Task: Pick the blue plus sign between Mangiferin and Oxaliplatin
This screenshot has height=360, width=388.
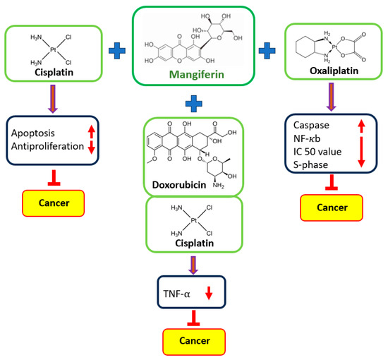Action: [266, 50]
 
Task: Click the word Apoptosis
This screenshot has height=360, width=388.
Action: [34, 132]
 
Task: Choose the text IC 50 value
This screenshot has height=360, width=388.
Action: [317, 152]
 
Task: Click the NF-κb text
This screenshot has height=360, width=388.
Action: [308, 138]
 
